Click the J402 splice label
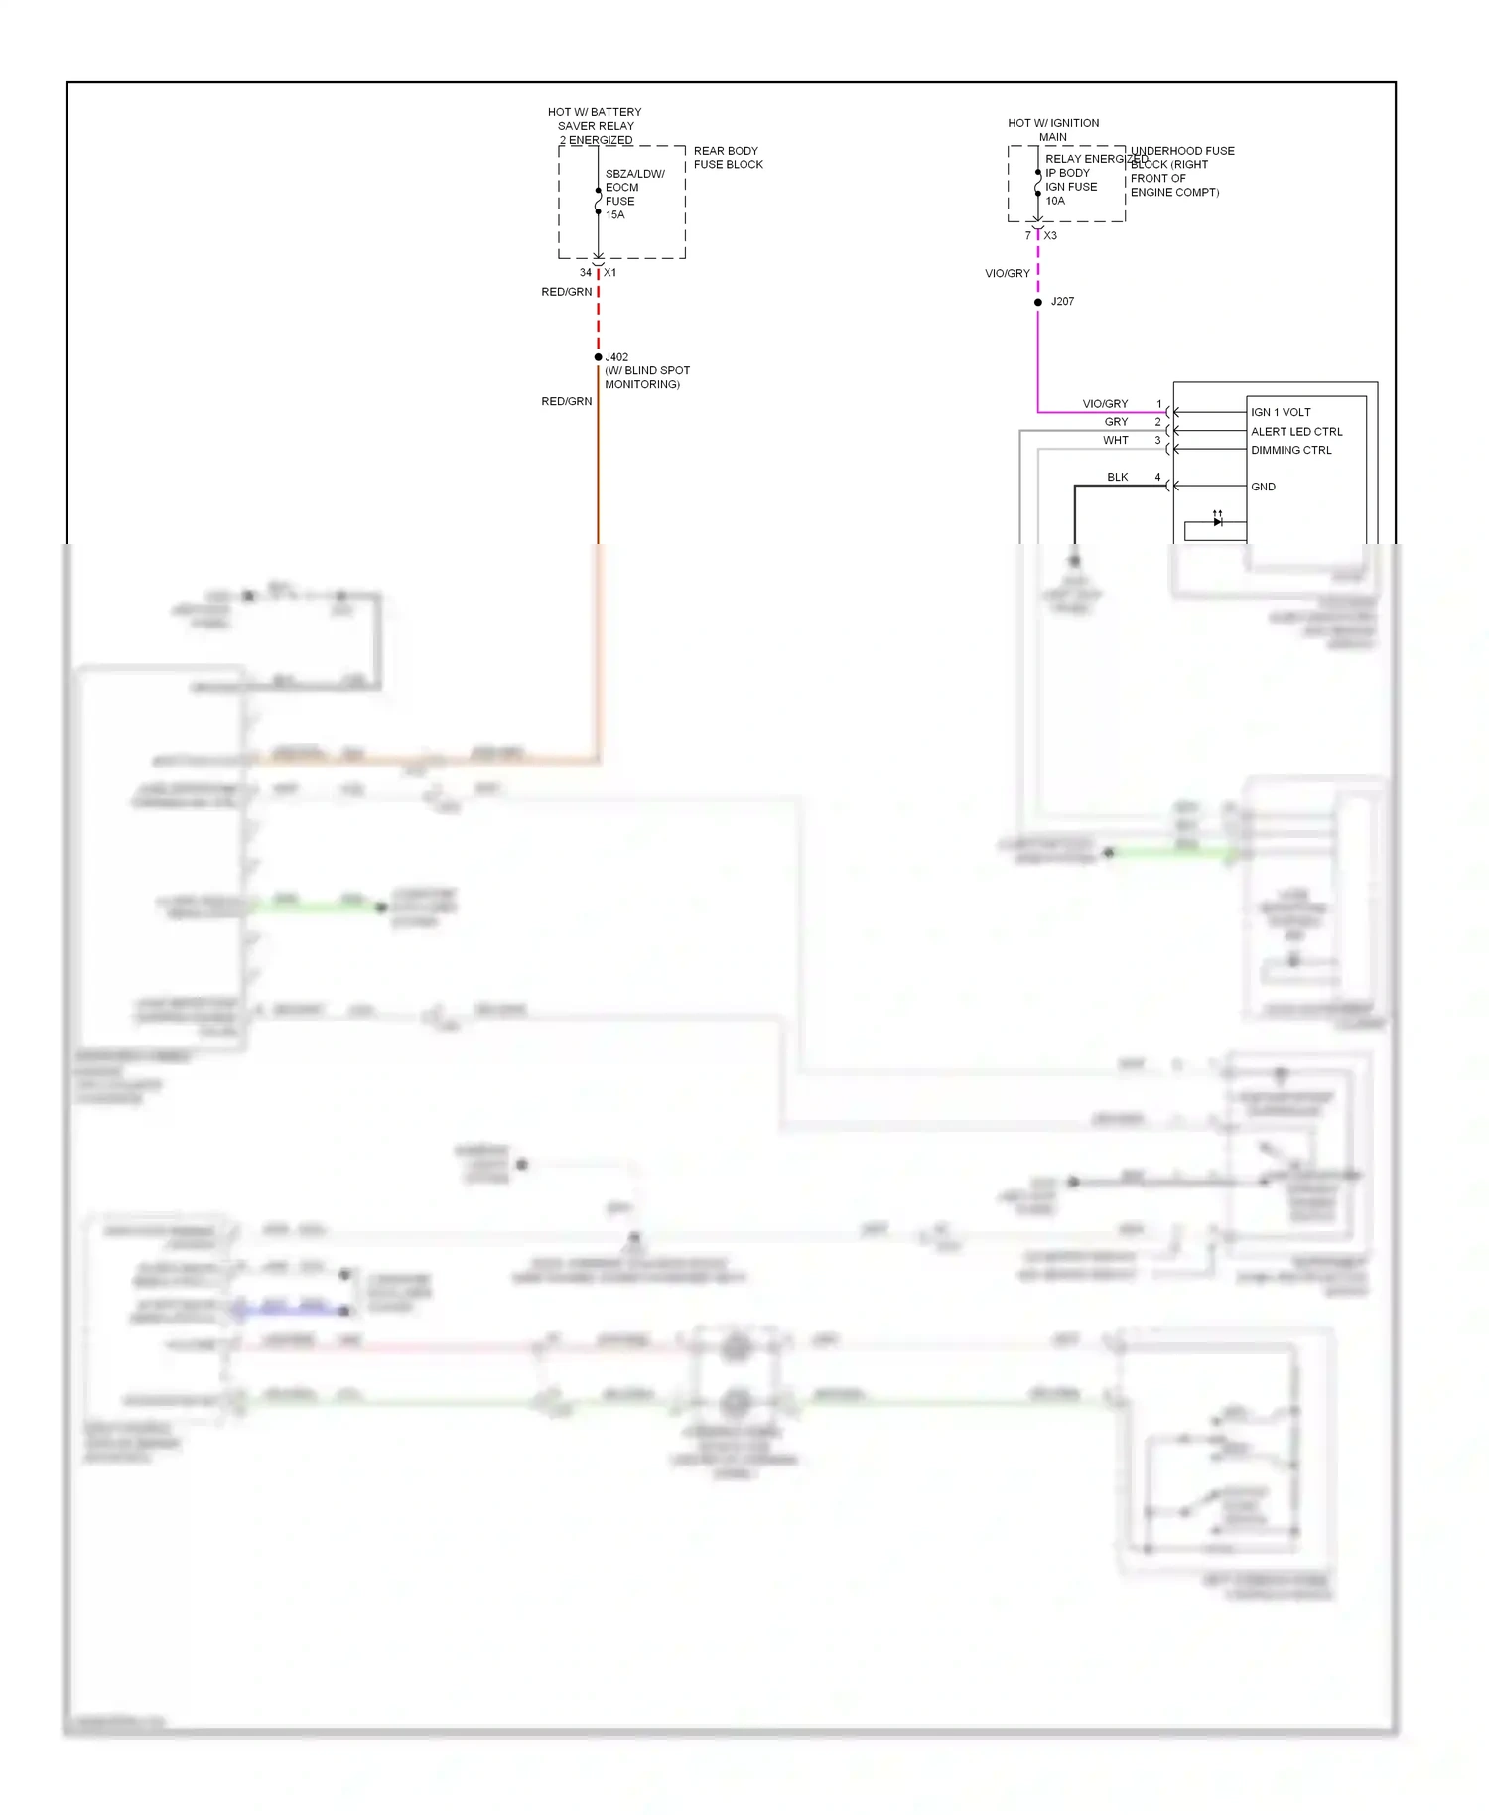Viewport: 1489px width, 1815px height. tap(616, 357)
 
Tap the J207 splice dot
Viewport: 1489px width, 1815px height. tap(1038, 302)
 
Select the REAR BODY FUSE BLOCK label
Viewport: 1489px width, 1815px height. tap(728, 158)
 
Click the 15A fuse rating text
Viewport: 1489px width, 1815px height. tap(615, 215)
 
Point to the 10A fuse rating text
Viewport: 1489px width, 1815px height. tap(1055, 201)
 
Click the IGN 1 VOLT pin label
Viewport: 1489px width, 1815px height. tap(1281, 412)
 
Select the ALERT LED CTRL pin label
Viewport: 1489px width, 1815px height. tap(1296, 432)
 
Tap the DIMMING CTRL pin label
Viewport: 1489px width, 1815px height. tap(1290, 450)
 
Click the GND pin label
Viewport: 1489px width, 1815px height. tap(1263, 487)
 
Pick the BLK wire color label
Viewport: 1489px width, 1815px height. tap(1118, 477)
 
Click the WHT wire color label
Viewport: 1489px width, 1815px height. tap(1116, 440)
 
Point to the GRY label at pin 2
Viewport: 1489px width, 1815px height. tap(1117, 422)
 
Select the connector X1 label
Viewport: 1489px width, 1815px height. tap(610, 272)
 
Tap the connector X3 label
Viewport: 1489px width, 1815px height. tap(1050, 236)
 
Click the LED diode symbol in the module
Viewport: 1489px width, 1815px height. tap(1217, 520)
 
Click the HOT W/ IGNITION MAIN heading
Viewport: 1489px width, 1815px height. tap(1053, 130)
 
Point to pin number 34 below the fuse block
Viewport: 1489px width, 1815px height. tap(586, 272)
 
